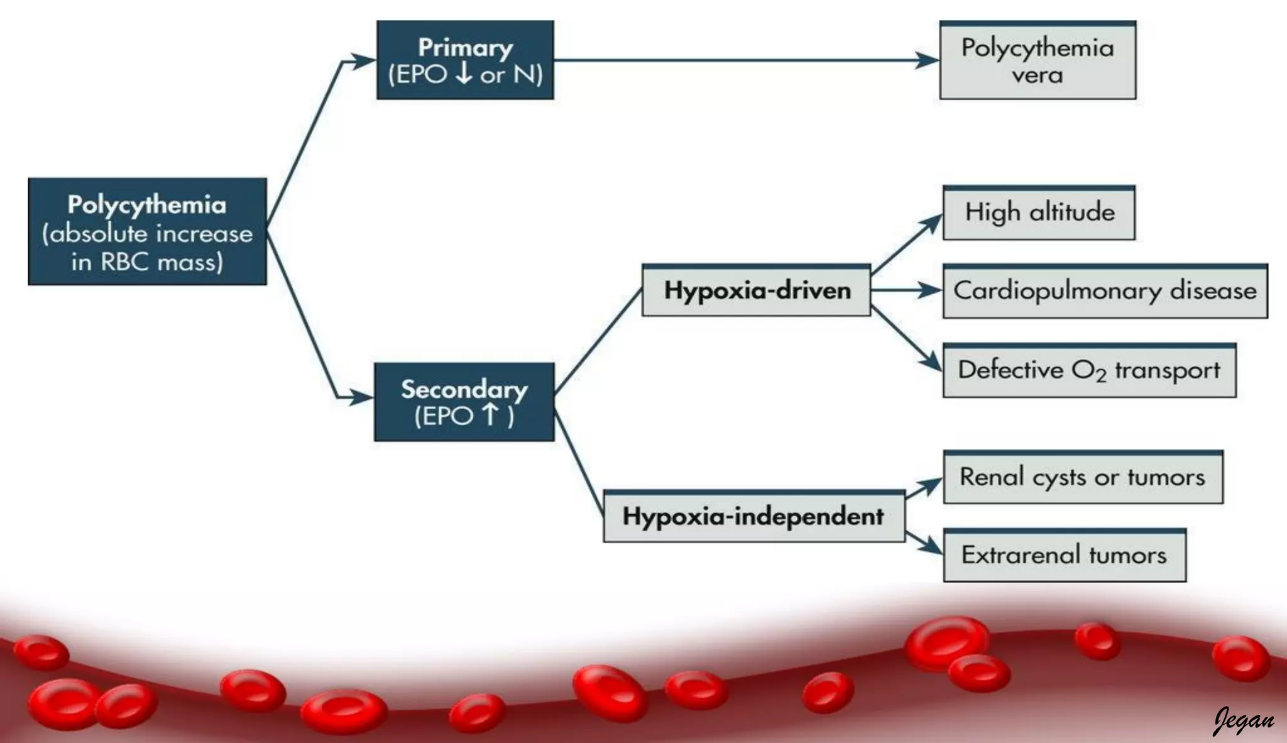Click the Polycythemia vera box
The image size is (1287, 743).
(1038, 61)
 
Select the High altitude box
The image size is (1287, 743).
(1039, 213)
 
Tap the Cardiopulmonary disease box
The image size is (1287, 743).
(1105, 291)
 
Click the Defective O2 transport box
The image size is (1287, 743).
(1089, 370)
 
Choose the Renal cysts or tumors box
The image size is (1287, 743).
(1083, 477)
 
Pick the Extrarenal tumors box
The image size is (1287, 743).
(1065, 555)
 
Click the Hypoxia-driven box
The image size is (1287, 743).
(757, 290)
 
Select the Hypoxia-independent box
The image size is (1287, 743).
(753, 517)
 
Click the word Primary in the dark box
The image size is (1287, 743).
(465, 48)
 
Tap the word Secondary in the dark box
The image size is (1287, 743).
(464, 389)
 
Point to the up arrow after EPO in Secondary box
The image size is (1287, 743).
(490, 415)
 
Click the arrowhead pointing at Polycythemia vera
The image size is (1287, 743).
(928, 60)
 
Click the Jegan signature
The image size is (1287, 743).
(1244, 720)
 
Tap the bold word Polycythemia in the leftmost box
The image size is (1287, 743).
(147, 205)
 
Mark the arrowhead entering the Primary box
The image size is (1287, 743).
(363, 61)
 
